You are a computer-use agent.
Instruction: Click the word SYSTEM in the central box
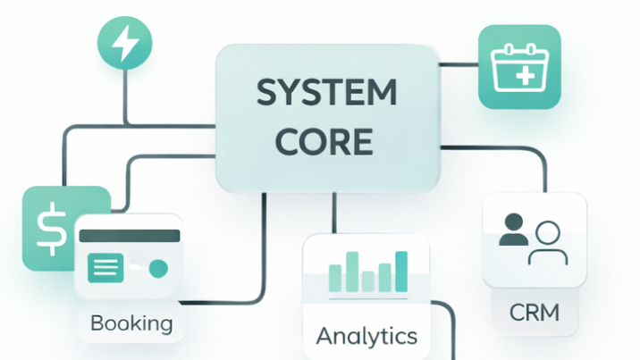click(x=326, y=93)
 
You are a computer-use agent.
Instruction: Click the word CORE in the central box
click(x=324, y=141)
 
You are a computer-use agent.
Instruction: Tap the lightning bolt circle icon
click(x=125, y=43)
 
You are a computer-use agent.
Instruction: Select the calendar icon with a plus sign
click(x=519, y=67)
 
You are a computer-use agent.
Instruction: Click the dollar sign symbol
click(x=52, y=229)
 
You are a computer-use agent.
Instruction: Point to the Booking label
click(x=131, y=323)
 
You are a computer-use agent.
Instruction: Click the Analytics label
click(x=366, y=336)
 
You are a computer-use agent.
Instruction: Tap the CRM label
click(x=535, y=313)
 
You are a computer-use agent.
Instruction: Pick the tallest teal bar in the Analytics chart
click(x=401, y=272)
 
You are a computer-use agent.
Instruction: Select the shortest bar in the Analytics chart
click(x=367, y=281)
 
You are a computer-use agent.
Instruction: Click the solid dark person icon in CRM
click(x=513, y=229)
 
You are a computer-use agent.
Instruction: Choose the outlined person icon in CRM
click(x=548, y=243)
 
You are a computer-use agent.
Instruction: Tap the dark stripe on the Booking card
click(x=130, y=236)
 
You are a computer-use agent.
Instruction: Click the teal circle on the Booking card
click(x=158, y=269)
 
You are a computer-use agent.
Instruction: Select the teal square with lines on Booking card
click(x=105, y=268)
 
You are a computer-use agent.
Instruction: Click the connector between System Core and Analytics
click(x=334, y=213)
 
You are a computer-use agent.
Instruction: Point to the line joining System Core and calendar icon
click(x=459, y=64)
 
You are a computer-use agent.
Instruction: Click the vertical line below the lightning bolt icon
click(x=125, y=96)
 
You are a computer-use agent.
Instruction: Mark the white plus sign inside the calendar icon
click(x=526, y=76)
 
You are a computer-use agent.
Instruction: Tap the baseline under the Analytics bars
click(x=368, y=299)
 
